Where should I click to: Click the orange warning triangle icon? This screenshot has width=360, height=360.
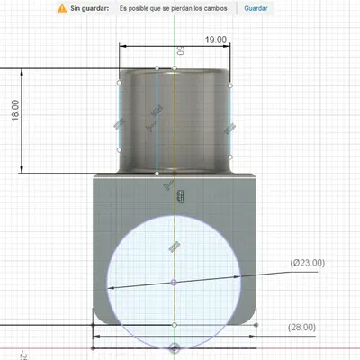point(61,8)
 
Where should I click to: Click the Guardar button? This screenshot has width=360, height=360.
point(256,8)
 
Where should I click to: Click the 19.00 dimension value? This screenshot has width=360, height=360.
point(215,40)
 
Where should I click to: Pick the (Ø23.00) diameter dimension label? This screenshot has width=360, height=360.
point(308,263)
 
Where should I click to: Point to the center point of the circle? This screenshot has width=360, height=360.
point(174,282)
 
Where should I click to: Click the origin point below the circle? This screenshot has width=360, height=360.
point(174,346)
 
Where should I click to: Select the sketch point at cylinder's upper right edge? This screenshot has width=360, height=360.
point(231,85)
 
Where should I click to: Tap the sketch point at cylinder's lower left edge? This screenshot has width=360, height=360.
point(119,150)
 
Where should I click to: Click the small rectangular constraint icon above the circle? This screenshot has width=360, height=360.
point(180,196)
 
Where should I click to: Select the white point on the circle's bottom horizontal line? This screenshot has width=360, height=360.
point(174,324)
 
